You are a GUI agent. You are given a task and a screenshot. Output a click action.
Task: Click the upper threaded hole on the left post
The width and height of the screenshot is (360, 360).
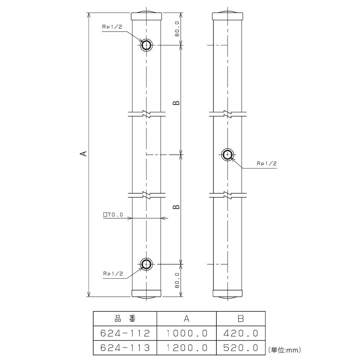[x=146, y=45]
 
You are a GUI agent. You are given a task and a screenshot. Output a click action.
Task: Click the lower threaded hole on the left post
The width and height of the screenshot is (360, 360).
[x=146, y=264]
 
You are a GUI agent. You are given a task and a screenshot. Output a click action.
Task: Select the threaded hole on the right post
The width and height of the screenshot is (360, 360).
[x=228, y=155]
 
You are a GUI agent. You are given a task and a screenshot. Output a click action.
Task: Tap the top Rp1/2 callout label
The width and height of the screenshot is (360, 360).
[x=112, y=27]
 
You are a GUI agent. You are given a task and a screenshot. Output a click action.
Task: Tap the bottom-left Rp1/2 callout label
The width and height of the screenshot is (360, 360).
[x=113, y=274]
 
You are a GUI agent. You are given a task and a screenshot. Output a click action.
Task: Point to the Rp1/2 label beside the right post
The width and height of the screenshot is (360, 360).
[x=267, y=163]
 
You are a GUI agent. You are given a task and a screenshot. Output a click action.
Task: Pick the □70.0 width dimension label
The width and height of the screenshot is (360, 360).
[x=113, y=215]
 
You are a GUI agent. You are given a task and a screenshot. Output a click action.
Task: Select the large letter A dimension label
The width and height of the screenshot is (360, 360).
[x=85, y=153]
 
